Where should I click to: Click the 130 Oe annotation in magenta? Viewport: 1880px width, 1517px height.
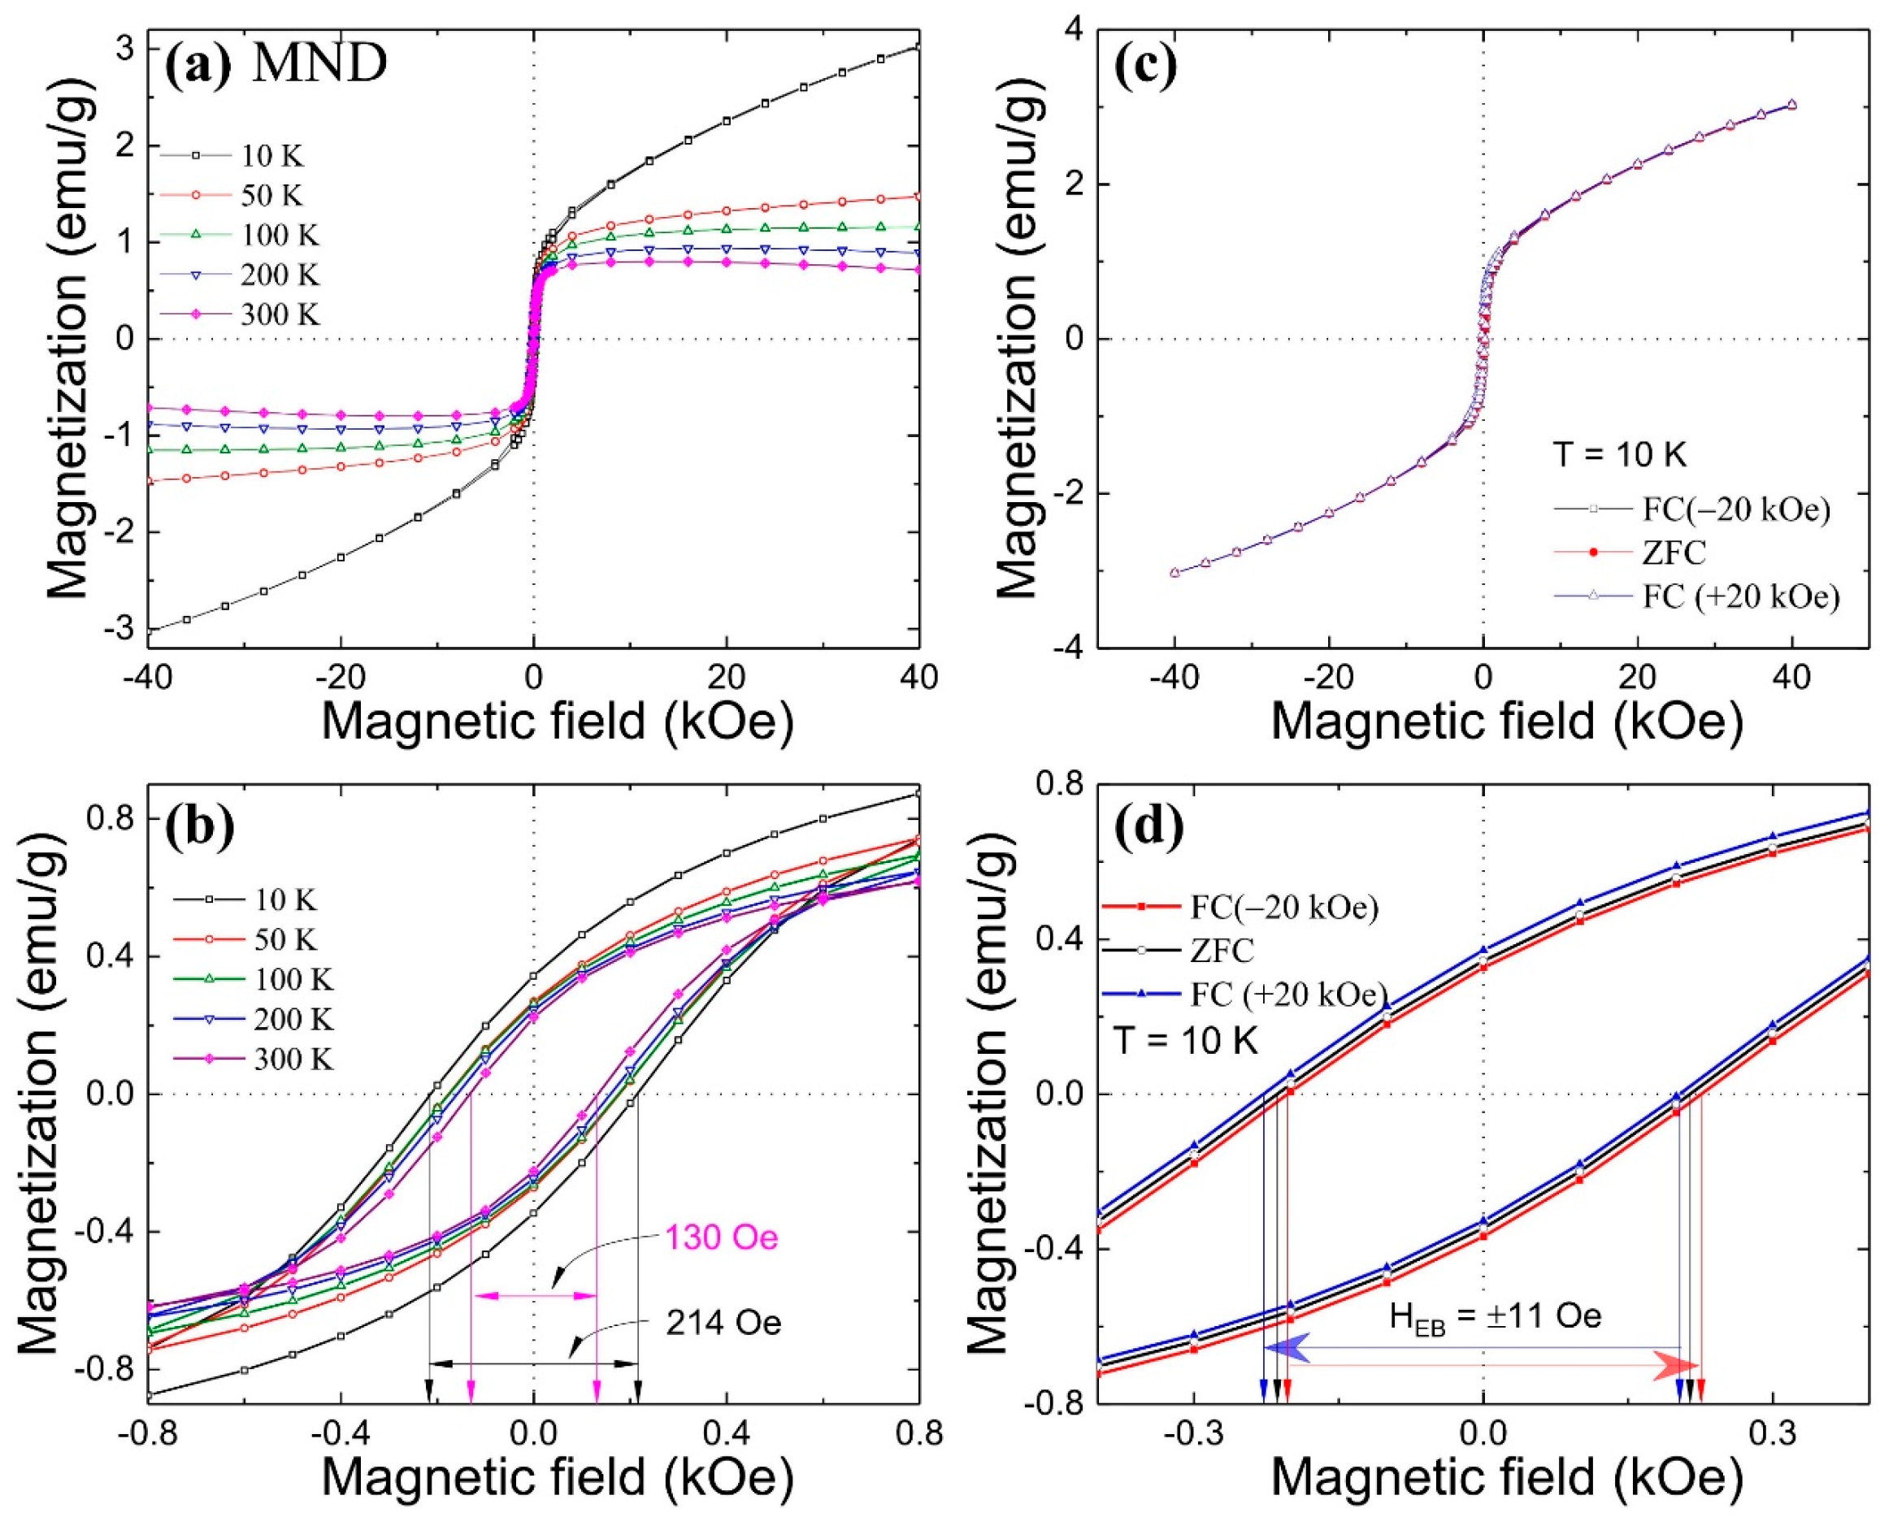pyautogui.click(x=721, y=1237)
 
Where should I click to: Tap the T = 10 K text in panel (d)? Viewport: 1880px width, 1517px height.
pyautogui.click(x=1185, y=1042)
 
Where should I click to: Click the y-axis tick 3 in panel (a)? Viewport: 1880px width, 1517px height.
pyautogui.click(x=124, y=48)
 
